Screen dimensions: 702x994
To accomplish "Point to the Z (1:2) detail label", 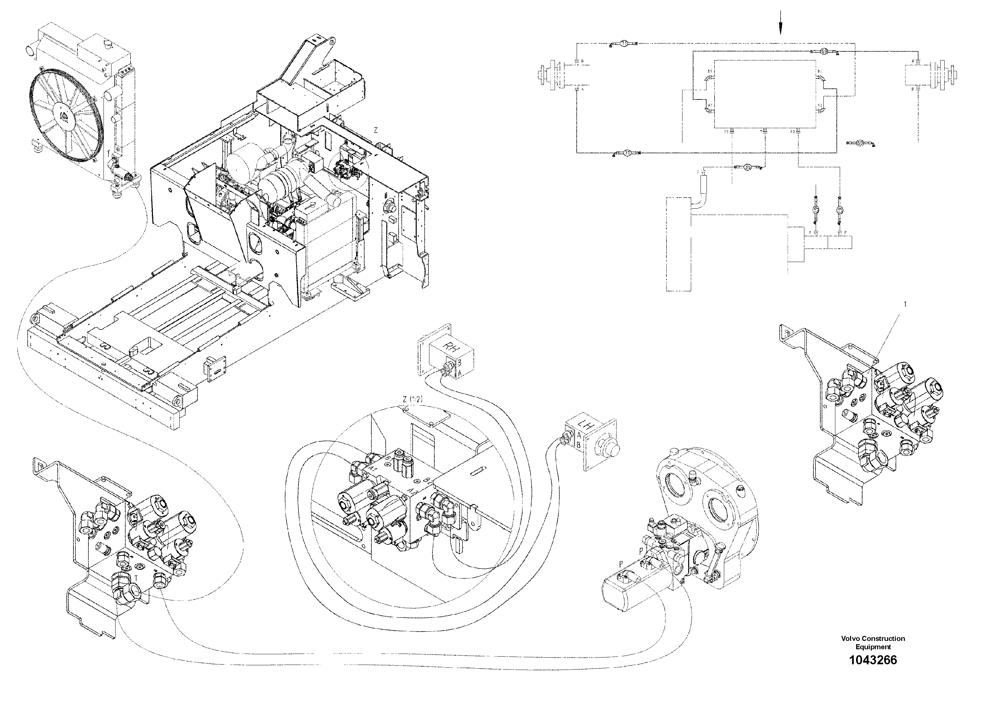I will [412, 400].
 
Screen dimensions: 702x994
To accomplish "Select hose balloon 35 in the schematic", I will [747, 167].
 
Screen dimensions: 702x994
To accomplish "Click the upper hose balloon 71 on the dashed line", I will [624, 43].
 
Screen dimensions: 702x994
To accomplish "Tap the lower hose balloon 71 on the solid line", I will [626, 152].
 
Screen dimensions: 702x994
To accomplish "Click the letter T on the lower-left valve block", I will [136, 578].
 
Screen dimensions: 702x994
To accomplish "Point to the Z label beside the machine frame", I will [376, 130].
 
